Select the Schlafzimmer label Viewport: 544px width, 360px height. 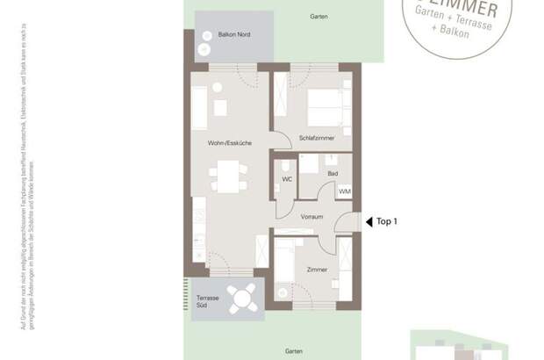(316, 139)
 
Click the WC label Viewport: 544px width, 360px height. (286, 179)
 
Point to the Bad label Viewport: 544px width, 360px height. (333, 174)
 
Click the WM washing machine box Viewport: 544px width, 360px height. (344, 191)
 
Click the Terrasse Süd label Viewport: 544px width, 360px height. (207, 302)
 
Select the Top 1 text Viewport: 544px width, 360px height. (387, 222)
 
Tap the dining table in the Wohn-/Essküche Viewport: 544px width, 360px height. (226, 182)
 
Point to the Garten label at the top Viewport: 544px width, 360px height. (319, 17)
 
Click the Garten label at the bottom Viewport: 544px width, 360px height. (295, 349)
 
